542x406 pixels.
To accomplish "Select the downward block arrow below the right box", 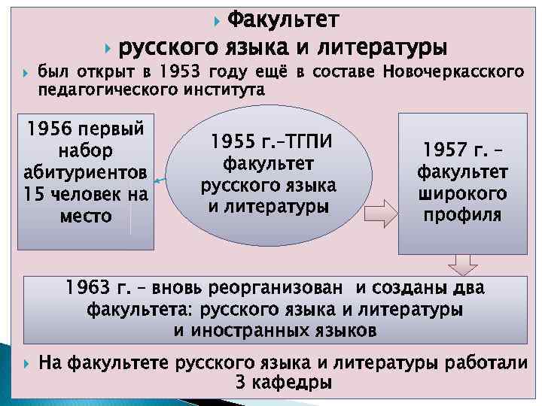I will tap(462, 264).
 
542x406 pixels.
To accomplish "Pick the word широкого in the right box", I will tap(461, 194).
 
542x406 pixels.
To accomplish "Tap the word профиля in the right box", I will tap(461, 216).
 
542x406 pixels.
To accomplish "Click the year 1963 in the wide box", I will tap(87, 288).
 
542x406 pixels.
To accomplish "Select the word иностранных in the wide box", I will tap(259, 330).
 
